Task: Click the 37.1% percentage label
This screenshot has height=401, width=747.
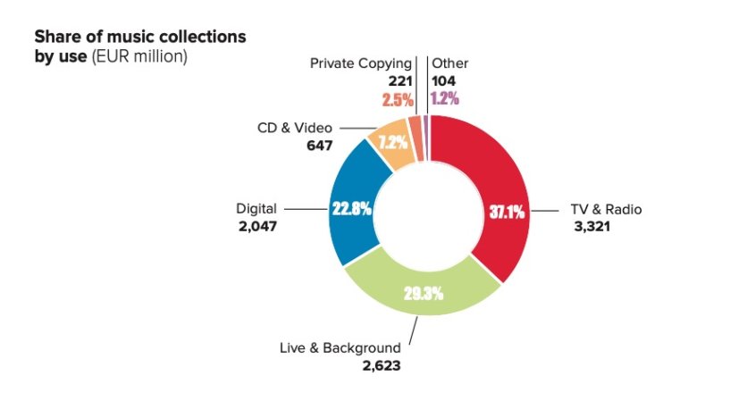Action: coord(508,213)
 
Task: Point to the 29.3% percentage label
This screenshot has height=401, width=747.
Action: coord(424,294)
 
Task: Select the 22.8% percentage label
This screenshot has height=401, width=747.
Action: coord(351,207)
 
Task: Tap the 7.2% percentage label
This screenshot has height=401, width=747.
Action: coord(393,142)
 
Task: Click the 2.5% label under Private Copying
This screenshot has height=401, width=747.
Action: coord(397,98)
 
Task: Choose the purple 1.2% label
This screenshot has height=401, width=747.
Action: coord(445,98)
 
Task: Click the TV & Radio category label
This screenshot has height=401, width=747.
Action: coord(606,210)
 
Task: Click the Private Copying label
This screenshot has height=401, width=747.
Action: coord(361,63)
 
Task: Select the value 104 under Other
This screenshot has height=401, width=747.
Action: coord(443,80)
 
